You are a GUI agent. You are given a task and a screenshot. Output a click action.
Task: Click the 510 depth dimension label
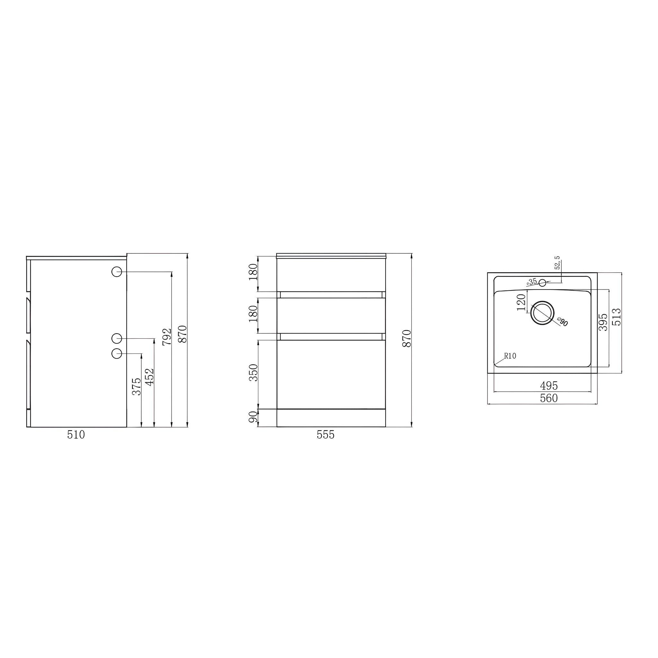76,435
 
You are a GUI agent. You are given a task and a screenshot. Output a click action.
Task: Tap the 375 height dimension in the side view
137,386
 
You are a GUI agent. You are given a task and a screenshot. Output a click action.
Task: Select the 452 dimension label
149,377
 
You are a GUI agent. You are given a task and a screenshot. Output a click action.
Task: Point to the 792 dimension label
167,337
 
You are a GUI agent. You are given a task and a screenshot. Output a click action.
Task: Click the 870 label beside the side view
183,334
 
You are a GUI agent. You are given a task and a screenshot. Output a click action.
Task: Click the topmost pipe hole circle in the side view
117,271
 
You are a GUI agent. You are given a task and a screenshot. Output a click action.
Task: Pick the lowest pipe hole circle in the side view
117,354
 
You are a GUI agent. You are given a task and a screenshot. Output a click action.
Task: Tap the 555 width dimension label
325,435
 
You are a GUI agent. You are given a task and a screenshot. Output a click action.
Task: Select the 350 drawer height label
253,373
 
